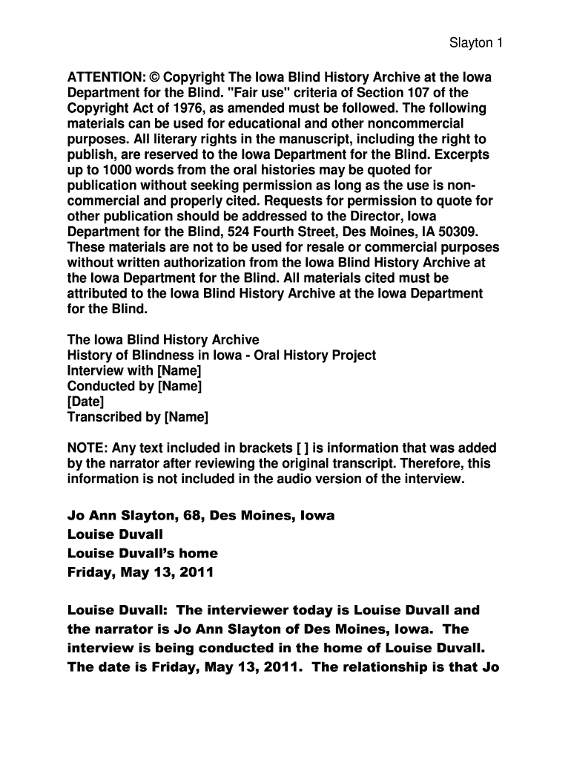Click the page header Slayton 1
[476, 42]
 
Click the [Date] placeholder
[86, 402]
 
